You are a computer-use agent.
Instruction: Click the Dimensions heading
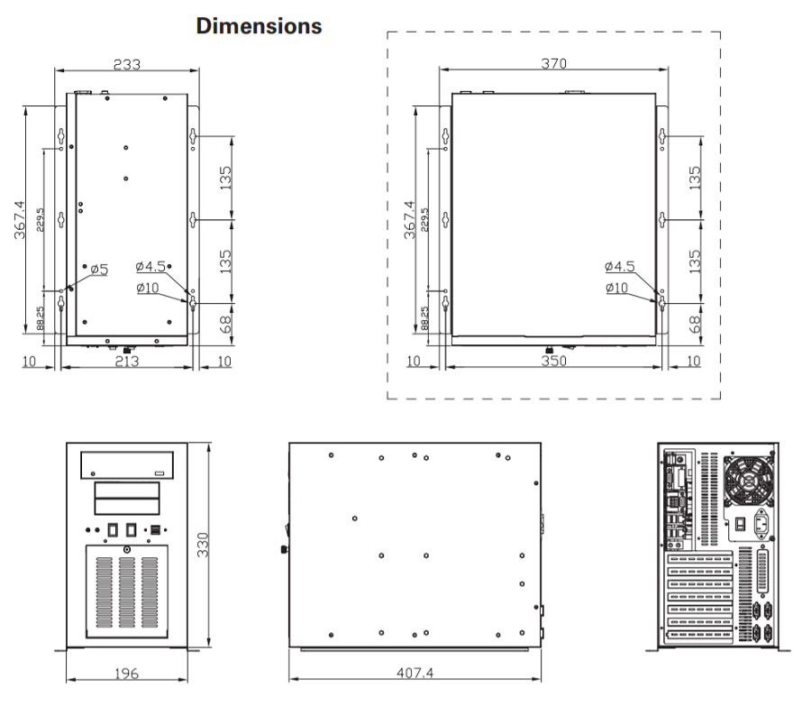click(x=259, y=26)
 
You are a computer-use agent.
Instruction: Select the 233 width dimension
click(x=126, y=64)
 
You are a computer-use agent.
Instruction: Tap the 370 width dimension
click(x=553, y=64)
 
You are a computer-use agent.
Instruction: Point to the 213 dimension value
click(x=127, y=362)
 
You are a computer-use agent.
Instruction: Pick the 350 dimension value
click(x=553, y=362)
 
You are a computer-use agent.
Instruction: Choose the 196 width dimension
click(x=125, y=674)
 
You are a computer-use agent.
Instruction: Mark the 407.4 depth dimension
click(x=414, y=674)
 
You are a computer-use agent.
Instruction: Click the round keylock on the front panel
click(x=127, y=550)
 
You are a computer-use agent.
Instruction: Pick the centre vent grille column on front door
click(x=126, y=593)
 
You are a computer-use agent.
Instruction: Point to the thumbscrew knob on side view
click(x=282, y=548)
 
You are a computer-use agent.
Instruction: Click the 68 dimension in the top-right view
click(x=694, y=321)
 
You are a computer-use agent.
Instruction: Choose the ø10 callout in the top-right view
click(x=617, y=288)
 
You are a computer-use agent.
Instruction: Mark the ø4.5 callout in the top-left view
click(x=150, y=267)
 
